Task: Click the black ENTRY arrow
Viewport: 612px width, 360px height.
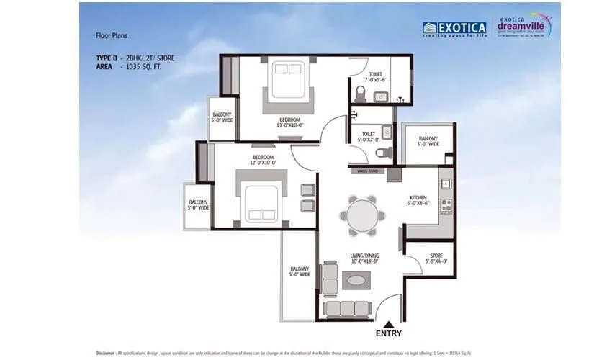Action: point(388,325)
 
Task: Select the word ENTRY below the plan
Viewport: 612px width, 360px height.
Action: point(388,335)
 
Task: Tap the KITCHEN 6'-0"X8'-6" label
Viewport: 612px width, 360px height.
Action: point(419,200)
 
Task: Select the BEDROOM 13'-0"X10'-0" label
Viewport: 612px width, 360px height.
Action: point(279,122)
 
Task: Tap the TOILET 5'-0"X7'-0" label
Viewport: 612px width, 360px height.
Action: point(368,137)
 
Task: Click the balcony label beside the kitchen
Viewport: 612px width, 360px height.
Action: point(428,141)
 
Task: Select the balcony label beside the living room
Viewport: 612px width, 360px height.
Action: point(300,271)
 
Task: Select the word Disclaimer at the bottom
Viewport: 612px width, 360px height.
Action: point(110,354)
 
